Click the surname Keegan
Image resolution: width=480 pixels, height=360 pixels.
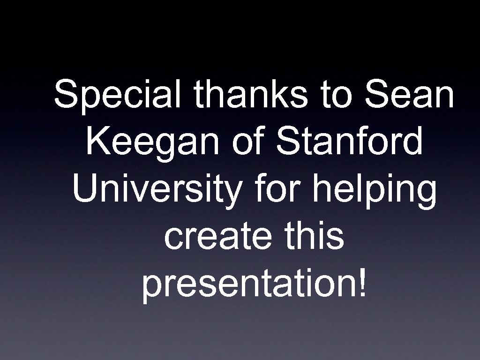153,143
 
